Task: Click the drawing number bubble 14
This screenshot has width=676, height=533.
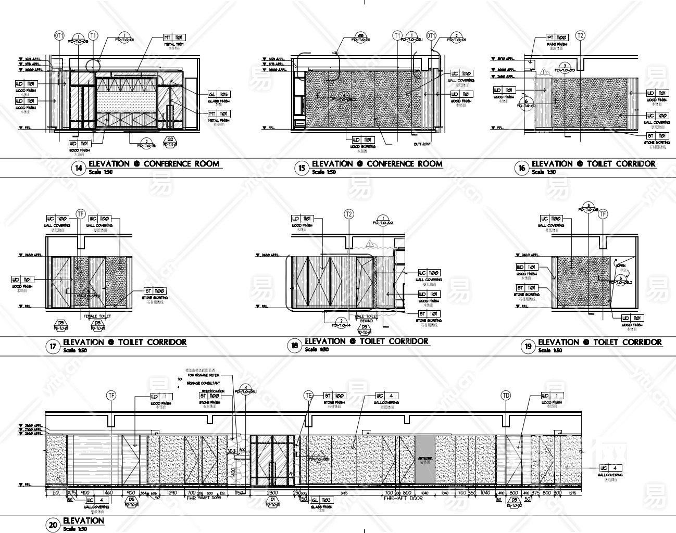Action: [x=78, y=168]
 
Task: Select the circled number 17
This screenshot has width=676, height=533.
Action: [x=53, y=347]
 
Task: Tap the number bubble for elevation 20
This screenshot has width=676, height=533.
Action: [x=53, y=525]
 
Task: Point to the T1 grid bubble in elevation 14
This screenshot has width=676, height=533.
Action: [x=93, y=35]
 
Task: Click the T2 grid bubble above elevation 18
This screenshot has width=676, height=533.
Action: [x=349, y=214]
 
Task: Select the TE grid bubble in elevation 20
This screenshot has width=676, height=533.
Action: [x=308, y=396]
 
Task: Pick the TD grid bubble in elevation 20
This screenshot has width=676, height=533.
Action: [x=506, y=395]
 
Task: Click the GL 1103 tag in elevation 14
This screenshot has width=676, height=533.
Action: [x=219, y=94]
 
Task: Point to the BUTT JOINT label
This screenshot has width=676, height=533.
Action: [x=422, y=144]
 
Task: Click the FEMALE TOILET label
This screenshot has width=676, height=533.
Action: [x=97, y=316]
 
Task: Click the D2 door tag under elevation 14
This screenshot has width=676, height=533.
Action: [x=170, y=139]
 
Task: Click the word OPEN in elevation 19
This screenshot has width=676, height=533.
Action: [x=621, y=265]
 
